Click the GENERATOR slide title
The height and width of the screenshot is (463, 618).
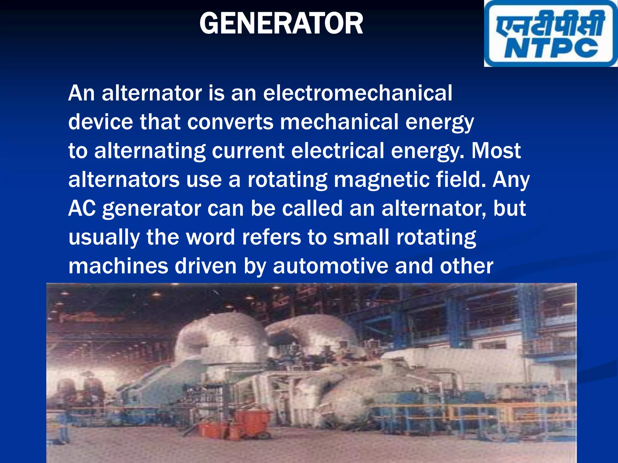[x=281, y=24]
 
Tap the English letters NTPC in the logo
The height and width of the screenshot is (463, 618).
[x=551, y=48]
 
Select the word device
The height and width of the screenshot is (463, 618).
[x=100, y=122]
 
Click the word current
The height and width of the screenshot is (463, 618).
[x=248, y=151]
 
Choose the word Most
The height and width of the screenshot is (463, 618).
[x=496, y=151]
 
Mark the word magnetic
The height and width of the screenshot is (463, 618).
[x=381, y=180]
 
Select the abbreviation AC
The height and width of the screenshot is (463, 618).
[x=82, y=208]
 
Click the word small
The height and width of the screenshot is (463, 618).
[x=361, y=237]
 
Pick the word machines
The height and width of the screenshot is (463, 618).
[x=118, y=266]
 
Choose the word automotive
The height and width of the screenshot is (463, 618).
[x=330, y=266]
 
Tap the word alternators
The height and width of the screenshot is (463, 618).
[x=124, y=180]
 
